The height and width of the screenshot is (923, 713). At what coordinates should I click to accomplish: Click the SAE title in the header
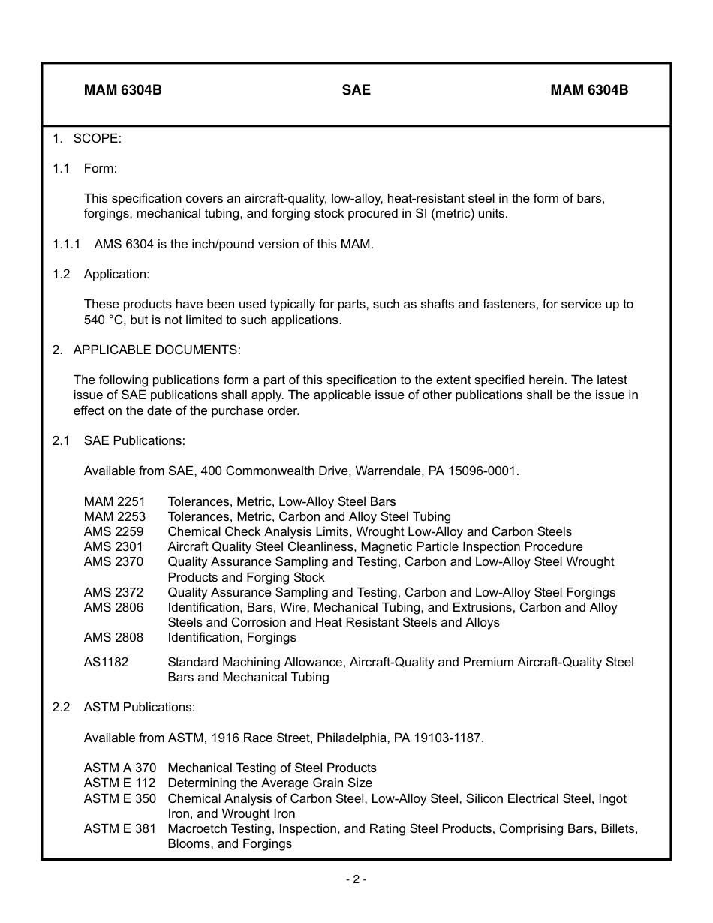click(356, 90)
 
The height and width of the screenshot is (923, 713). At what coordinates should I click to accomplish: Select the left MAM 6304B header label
click(123, 90)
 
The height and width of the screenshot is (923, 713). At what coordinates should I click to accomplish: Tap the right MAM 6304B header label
click(589, 90)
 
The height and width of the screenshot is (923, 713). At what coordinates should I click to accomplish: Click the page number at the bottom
click(356, 879)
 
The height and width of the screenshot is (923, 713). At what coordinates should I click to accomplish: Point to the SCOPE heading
click(97, 138)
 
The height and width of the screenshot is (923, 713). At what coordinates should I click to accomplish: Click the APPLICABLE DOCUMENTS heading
click(157, 350)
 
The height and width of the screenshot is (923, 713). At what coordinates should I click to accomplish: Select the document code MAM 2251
click(115, 501)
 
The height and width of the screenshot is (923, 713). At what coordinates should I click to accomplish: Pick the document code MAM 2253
click(115, 516)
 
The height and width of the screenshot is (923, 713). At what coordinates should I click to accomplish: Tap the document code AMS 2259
click(113, 531)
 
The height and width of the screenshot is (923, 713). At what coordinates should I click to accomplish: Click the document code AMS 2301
click(113, 546)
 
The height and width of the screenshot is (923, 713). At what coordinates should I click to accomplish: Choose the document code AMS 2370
click(113, 561)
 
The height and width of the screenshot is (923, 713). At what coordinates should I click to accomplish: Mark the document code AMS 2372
click(113, 592)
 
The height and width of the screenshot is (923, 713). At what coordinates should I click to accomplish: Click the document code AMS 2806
click(113, 607)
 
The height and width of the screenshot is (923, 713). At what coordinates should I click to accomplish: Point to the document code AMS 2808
click(113, 637)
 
